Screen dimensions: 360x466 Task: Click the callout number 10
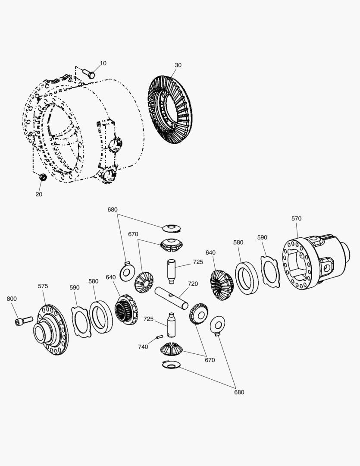[x=103, y=63]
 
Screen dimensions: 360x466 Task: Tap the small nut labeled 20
[x=43, y=177]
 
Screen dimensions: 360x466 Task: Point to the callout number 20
[x=39, y=194]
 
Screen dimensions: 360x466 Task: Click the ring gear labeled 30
[x=170, y=110]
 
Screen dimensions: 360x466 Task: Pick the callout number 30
[x=178, y=65]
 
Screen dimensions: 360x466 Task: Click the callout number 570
[x=297, y=219]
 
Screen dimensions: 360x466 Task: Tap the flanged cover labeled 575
[x=51, y=330]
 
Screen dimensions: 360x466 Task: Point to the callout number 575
[x=43, y=286]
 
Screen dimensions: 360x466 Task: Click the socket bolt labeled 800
[x=24, y=321]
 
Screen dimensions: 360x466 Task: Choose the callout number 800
[x=12, y=299]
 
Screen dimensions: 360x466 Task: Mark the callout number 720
[x=193, y=284]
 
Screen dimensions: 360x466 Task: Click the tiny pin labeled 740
[x=159, y=337]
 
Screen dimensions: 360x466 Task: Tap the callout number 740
[x=143, y=347]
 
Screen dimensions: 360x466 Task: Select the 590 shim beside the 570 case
[x=271, y=272]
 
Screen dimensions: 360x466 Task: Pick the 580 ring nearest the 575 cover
[x=101, y=317]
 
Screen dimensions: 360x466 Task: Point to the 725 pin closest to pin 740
[x=171, y=325]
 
